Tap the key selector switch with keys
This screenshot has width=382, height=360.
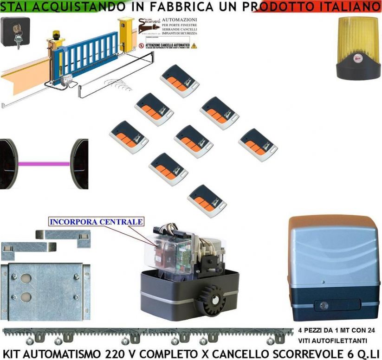tap(15, 32)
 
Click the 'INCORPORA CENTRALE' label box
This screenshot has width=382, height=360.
tap(96, 222)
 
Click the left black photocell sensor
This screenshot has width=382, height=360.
tap(8, 163)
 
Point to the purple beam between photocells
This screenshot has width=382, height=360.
tap(44, 163)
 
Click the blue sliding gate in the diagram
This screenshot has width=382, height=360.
tap(86, 54)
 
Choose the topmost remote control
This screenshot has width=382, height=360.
tap(180, 80)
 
